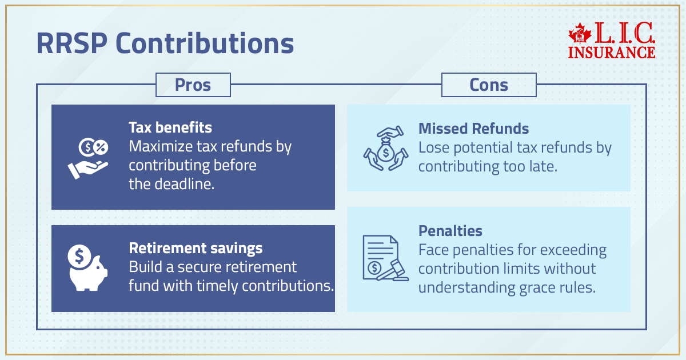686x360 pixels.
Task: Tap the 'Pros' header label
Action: point(193,85)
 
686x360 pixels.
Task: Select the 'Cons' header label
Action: point(489,85)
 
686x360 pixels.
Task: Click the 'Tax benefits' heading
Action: point(170,127)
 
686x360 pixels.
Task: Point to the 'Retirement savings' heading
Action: point(196,248)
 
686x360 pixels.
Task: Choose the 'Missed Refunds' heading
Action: point(473,129)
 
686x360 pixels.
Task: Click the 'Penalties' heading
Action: point(450,231)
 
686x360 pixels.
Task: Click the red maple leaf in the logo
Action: point(580,35)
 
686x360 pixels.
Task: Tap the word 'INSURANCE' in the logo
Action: point(612,52)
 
